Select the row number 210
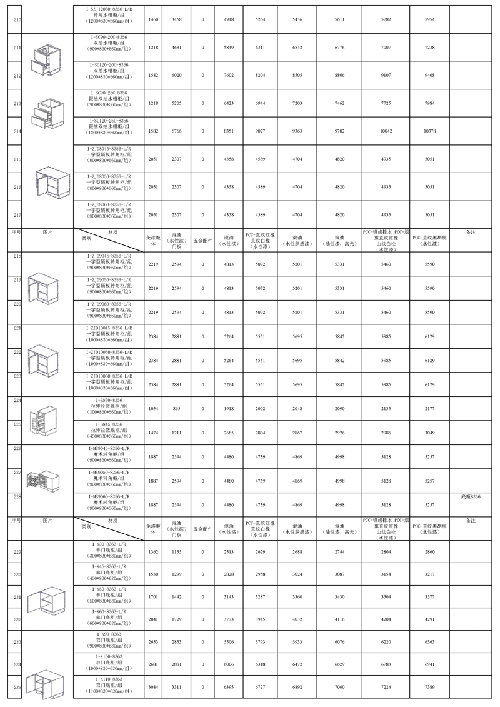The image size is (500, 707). [17, 21]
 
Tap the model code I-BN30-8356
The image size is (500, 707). [109, 399]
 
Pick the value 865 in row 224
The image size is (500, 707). [177, 408]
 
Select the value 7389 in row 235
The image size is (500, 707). [429, 687]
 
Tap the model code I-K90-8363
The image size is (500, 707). [109, 634]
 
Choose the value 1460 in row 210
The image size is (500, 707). [153, 21]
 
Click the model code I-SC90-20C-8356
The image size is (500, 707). [109, 39]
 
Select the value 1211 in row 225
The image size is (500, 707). [177, 433]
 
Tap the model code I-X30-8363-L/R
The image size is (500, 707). [109, 544]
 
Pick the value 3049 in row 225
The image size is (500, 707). [429, 433]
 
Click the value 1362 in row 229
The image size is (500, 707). [153, 553]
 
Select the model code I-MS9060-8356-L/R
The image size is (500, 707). [109, 496]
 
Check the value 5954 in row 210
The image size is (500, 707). [429, 21]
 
